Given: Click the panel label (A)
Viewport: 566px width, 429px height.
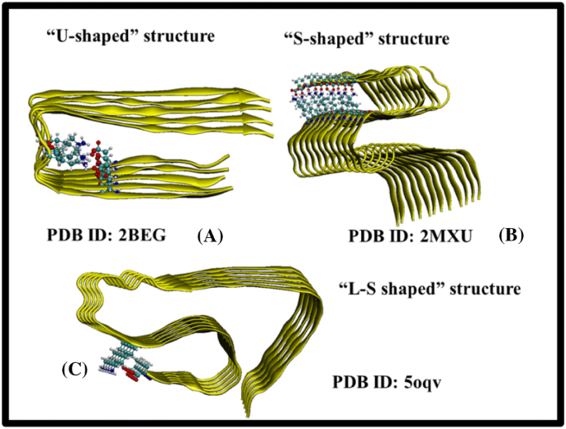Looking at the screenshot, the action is [x=209, y=236].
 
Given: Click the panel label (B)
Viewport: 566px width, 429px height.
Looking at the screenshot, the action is [x=511, y=234].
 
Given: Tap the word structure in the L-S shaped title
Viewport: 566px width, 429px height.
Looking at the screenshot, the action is [x=481, y=290].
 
